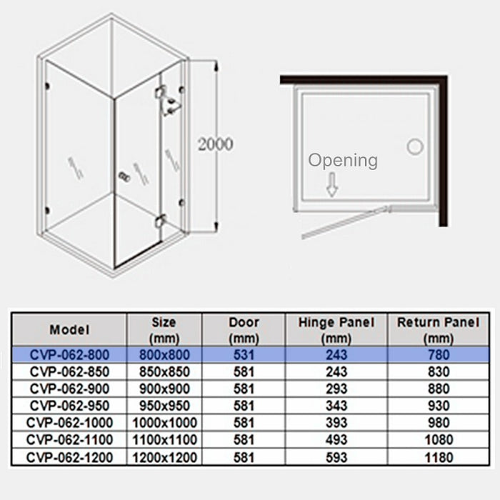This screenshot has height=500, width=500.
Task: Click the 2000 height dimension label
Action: click(x=216, y=144)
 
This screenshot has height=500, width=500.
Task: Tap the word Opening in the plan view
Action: click(x=343, y=161)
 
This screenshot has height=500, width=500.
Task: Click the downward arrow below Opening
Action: click(x=332, y=184)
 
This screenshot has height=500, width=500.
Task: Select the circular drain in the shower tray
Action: click(x=415, y=146)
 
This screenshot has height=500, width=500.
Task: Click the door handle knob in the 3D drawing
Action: click(x=124, y=176)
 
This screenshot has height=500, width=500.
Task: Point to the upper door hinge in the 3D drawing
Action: click(x=161, y=91)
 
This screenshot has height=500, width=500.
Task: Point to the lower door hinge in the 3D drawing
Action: click(x=160, y=221)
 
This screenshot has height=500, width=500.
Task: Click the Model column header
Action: click(x=69, y=330)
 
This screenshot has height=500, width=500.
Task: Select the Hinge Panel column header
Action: click(x=336, y=330)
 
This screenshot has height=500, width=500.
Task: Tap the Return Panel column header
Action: click(x=439, y=330)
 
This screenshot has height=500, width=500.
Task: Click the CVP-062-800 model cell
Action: click(x=69, y=355)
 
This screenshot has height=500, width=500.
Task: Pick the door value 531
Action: click(x=244, y=355)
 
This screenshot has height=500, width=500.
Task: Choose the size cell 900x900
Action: click(x=164, y=389)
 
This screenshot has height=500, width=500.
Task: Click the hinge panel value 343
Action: click(x=336, y=406)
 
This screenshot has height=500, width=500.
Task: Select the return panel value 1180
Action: click(x=439, y=458)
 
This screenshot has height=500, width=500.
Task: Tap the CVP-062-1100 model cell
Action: click(x=69, y=440)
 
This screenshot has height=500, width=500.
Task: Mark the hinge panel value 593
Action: click(x=336, y=458)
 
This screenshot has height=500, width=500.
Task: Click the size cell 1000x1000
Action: click(x=164, y=423)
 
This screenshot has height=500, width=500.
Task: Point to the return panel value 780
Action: click(x=439, y=355)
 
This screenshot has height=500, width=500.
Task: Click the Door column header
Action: click(x=244, y=330)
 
